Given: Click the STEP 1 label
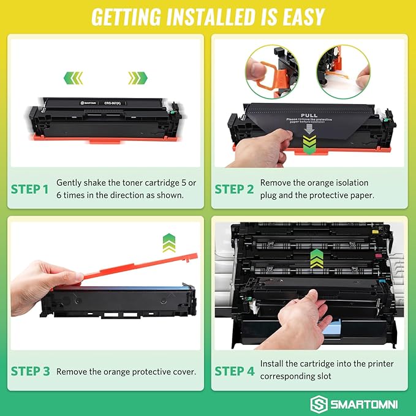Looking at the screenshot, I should coord(29,189).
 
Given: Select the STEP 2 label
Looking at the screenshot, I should coord(233,189).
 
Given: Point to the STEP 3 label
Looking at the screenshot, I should coord(29,371).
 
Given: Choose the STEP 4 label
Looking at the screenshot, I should coord(233,371).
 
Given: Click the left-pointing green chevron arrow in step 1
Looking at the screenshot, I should coord(74,78).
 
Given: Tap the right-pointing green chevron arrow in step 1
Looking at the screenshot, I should coord(137,78).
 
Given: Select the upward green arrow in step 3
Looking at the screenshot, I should coord(169,243).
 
